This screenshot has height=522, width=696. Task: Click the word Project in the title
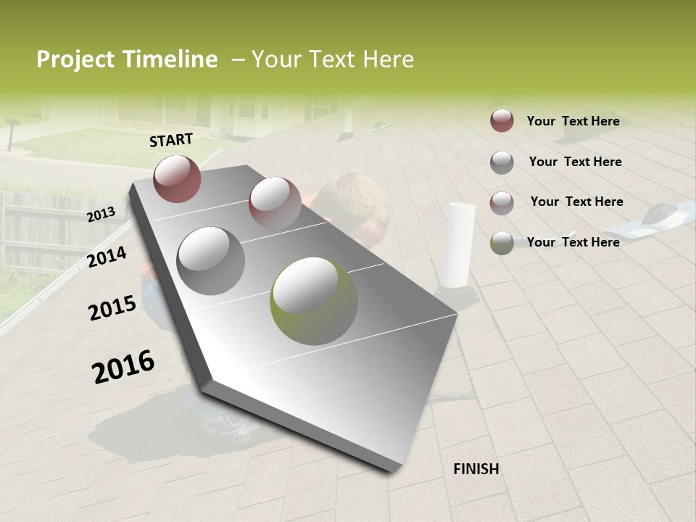click(x=75, y=59)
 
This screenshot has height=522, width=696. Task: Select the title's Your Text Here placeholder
click(x=332, y=59)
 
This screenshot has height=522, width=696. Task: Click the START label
click(x=171, y=140)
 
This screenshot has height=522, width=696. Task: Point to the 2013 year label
click(x=101, y=215)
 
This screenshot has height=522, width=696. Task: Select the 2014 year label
click(x=107, y=257)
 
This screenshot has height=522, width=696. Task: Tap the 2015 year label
click(x=112, y=308)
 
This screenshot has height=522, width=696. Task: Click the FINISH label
click(x=476, y=469)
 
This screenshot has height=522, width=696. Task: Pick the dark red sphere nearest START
click(x=177, y=178)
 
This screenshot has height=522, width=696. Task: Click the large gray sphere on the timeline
click(x=210, y=260)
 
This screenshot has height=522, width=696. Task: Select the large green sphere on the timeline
click(x=314, y=300)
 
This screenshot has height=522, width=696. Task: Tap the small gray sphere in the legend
click(x=502, y=162)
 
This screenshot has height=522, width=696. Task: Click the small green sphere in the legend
click(x=502, y=243)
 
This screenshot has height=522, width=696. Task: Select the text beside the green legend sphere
click(x=573, y=242)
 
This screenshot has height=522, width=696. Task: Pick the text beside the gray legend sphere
click(x=575, y=162)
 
